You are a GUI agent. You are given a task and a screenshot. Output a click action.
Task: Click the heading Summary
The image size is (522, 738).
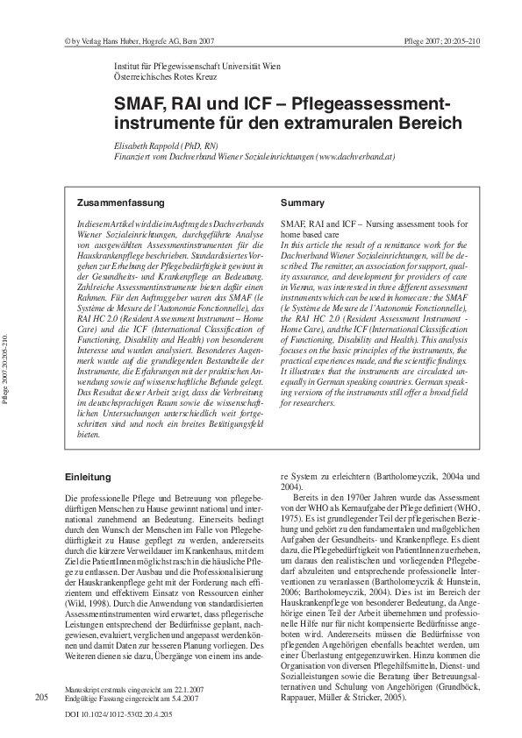point(302,202)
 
